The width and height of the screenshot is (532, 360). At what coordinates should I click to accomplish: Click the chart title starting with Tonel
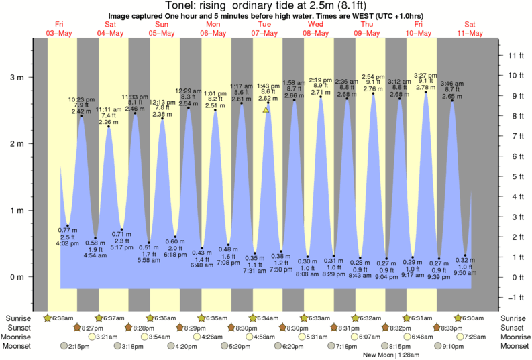(266, 6)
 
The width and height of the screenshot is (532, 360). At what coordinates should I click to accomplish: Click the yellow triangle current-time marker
(266, 109)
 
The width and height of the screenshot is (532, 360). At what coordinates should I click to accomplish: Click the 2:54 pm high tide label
(374, 76)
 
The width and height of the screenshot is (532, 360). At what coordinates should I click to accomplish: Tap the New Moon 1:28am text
(386, 355)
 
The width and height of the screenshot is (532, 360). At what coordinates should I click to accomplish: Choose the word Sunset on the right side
(513, 327)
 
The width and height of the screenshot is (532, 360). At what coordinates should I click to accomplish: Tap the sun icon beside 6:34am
(253, 318)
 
